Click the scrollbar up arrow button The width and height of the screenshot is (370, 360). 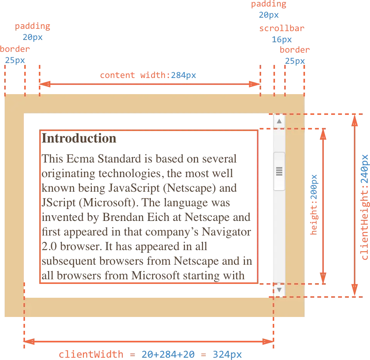[x=279, y=121]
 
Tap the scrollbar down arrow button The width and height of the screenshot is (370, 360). [x=279, y=290]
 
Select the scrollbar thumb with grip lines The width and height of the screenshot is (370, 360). [x=279, y=171]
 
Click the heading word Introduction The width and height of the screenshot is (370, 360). [x=80, y=139]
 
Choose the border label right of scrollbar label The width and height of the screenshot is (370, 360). [x=295, y=50]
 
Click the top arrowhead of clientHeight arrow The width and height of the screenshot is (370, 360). [x=355, y=121]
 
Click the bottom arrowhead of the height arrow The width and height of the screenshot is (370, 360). [x=323, y=276]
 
